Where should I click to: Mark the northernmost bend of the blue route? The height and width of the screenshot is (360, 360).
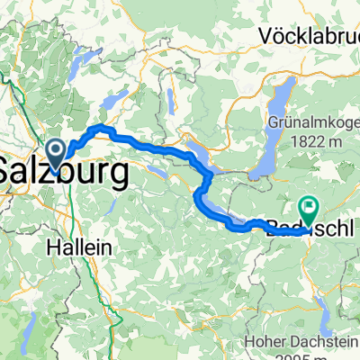101,128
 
